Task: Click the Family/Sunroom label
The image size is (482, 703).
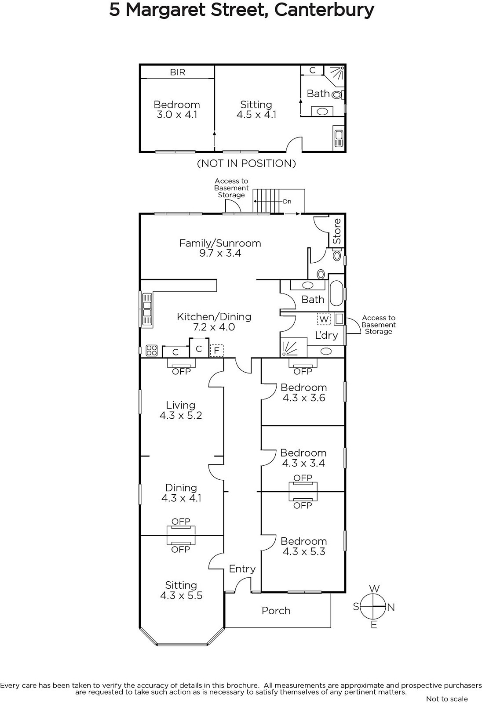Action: [220, 243]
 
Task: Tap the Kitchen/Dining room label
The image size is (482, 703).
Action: [214, 317]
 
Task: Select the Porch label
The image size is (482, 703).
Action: [276, 611]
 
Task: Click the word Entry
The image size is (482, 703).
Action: [242, 569]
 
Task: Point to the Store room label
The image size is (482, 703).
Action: [337, 231]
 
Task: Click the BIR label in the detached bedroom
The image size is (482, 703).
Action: [178, 72]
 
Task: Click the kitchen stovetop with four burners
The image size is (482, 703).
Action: [151, 350]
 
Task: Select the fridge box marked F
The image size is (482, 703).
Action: [216, 351]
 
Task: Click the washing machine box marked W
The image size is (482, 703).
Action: [324, 319]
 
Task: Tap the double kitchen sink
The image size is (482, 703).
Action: [147, 309]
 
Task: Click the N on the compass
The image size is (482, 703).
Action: [391, 607]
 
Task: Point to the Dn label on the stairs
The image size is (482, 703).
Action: [287, 202]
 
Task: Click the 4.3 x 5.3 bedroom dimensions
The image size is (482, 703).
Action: [303, 552]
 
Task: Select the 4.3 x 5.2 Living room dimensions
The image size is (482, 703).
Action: [180, 416]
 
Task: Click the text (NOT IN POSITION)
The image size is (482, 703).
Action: [246, 163]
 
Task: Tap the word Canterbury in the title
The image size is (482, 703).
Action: [324, 10]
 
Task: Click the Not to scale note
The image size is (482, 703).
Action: [447, 699]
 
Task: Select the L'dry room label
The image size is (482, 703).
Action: [326, 335]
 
